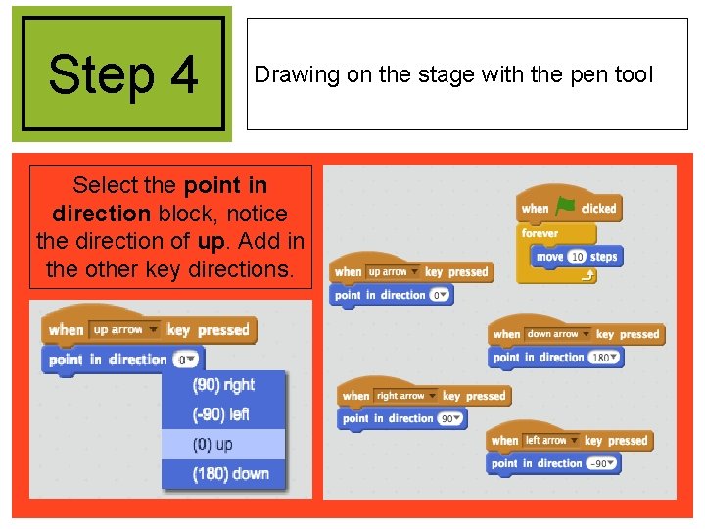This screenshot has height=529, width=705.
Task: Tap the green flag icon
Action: point(565,207)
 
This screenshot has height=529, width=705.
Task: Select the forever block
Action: point(540,234)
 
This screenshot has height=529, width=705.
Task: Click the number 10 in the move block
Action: point(577,257)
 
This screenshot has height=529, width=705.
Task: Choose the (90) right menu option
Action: point(223,385)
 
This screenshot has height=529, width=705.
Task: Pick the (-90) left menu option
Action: point(221,414)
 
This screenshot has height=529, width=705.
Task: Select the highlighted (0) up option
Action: point(213,444)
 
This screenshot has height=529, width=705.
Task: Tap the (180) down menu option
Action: point(230,474)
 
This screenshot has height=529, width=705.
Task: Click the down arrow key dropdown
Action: point(557,334)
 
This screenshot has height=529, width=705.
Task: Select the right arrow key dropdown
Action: point(405,396)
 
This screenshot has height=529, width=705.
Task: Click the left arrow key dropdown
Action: point(550,441)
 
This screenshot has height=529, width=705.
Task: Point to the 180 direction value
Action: point(605,358)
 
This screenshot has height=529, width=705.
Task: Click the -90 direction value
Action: point(600,463)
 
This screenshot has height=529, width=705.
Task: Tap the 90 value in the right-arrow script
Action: point(450,419)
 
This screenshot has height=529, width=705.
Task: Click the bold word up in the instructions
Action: point(211,240)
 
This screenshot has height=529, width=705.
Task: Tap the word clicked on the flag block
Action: point(598,208)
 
